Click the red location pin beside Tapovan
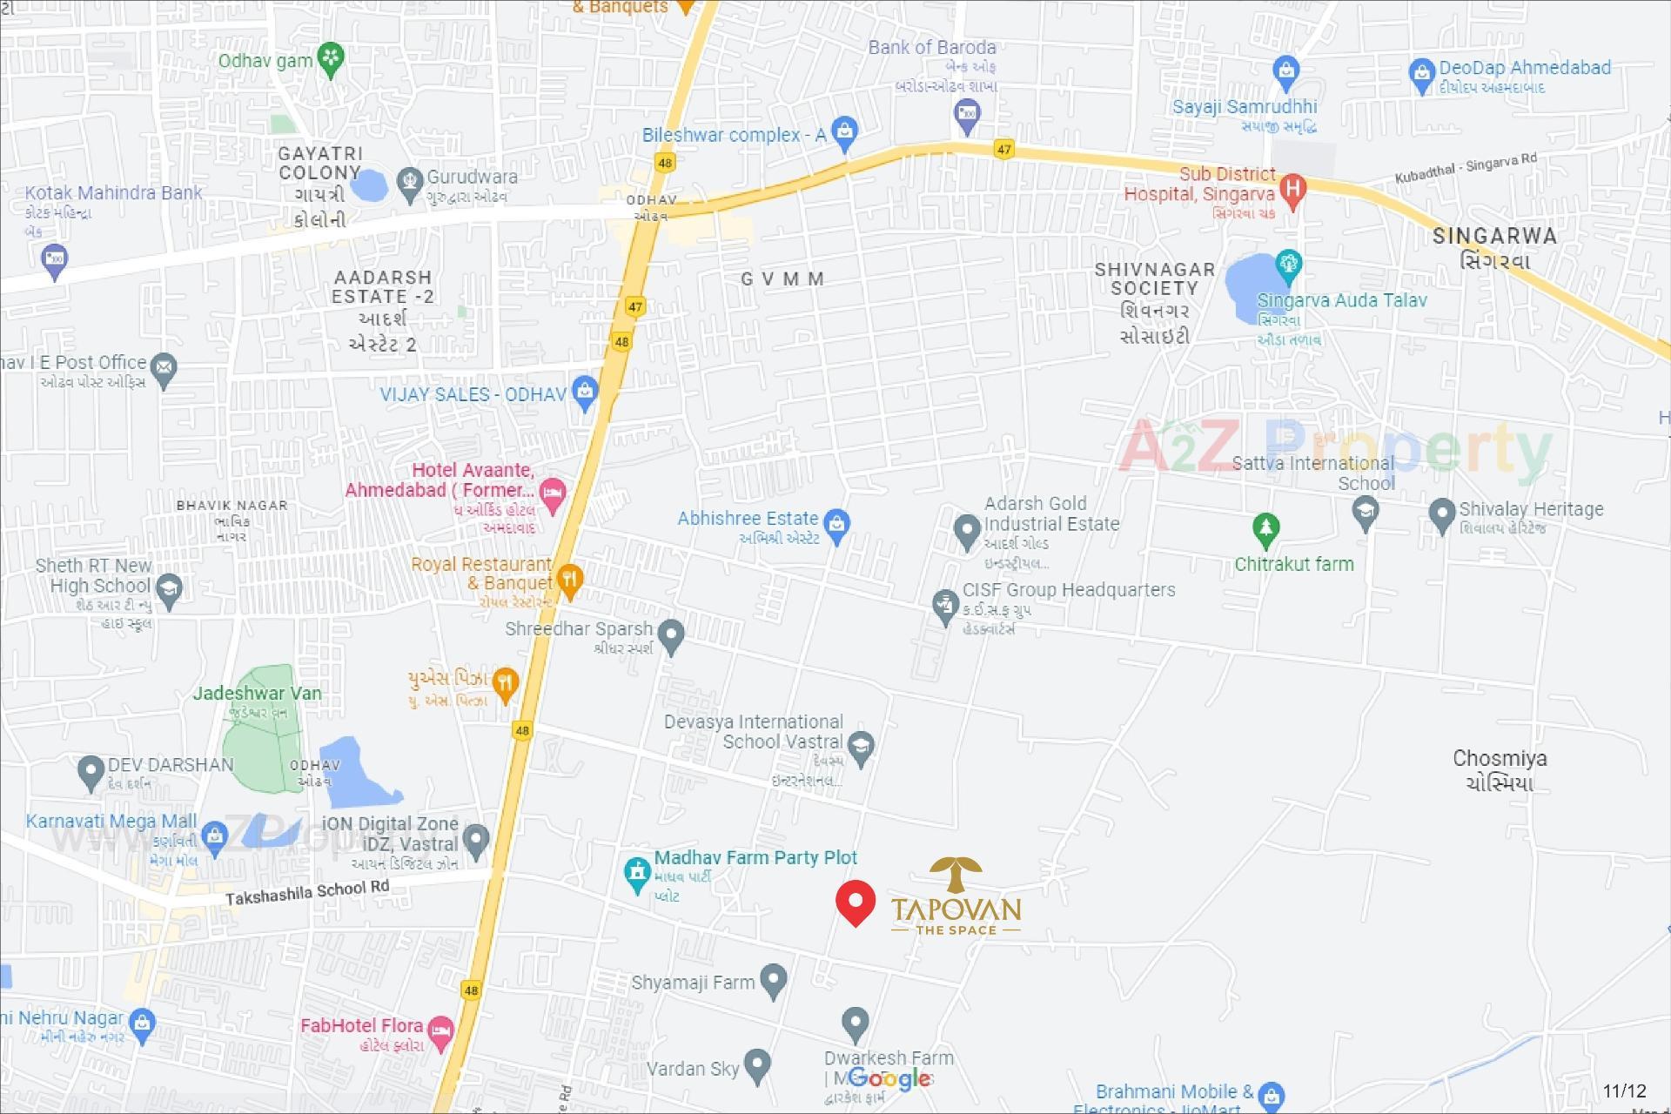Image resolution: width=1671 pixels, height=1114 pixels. [x=855, y=902]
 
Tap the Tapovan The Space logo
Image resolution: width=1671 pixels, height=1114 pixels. [x=956, y=896]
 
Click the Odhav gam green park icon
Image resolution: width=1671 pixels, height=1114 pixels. [x=331, y=59]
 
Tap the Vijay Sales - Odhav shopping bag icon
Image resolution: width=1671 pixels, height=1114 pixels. [x=585, y=393]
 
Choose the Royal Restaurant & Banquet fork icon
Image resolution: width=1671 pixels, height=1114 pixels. [x=569, y=580]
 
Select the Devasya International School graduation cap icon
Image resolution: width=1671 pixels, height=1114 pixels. [x=861, y=747]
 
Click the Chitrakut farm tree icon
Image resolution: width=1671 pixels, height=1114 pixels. [x=1265, y=528]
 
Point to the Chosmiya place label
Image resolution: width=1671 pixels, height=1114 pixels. [x=1500, y=769]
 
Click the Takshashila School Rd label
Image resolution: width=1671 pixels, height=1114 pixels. [x=307, y=892]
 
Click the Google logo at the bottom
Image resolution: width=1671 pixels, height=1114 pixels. [x=889, y=1079]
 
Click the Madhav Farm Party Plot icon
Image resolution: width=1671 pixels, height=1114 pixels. [x=638, y=873]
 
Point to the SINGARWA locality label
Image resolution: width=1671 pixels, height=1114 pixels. [x=1494, y=247]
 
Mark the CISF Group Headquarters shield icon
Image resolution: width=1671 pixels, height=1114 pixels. [x=944, y=605]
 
